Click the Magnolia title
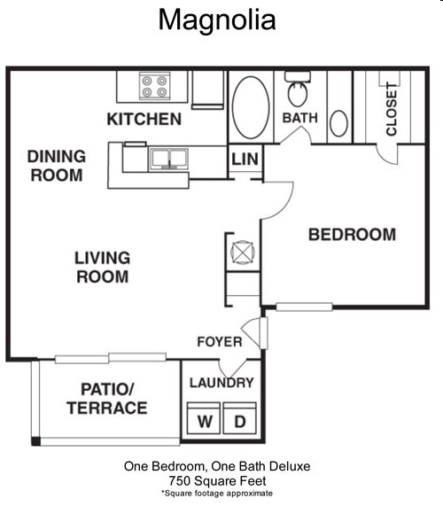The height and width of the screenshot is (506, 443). tap(217, 19)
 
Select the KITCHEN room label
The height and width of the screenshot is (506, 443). tap(144, 119)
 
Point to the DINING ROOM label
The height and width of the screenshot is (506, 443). tap(57, 166)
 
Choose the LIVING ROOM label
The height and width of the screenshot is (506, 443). tap(102, 268)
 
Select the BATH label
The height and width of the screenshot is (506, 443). tap(299, 118)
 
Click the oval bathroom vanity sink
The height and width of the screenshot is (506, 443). tap(338, 123)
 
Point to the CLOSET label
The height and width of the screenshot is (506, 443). tap(391, 109)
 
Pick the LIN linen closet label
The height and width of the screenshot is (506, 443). tap(244, 160)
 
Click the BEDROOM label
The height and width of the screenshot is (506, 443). tap(351, 235)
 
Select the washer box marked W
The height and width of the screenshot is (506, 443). tap(206, 420)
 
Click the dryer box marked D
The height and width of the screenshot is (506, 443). tap(239, 420)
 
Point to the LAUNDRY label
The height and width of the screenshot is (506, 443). tap(221, 383)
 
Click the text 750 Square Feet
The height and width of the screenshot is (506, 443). tap(217, 479)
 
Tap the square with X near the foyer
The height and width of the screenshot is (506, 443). tap(242, 253)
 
